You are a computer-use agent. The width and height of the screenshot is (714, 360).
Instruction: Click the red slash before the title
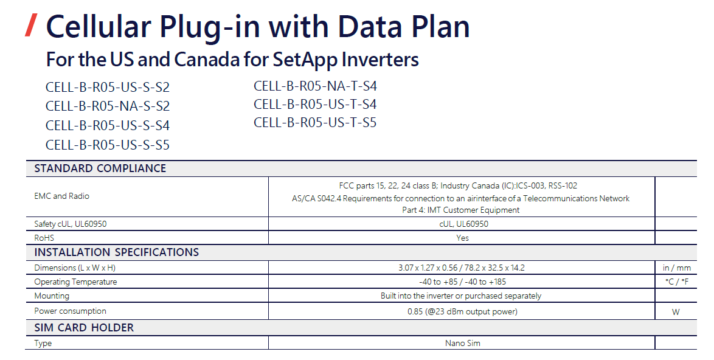[x=32, y=25]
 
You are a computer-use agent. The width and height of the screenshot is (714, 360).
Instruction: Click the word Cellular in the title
[x=99, y=26]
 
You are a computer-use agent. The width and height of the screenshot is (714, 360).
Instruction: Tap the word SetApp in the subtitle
[x=303, y=60]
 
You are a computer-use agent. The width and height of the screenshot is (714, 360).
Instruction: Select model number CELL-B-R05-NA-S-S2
[x=108, y=106]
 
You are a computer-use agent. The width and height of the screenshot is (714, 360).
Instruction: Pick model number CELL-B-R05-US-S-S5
[x=108, y=145]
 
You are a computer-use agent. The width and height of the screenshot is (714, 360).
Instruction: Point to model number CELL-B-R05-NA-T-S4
[x=315, y=86]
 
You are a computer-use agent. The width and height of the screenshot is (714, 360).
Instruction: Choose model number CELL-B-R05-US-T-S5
[x=315, y=122]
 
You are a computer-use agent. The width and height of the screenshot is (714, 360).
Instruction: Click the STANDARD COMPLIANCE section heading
[x=100, y=168]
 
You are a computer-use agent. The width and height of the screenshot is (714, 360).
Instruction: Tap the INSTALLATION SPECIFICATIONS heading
[x=117, y=252]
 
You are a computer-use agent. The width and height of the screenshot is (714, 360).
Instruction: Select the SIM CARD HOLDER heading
[x=84, y=328]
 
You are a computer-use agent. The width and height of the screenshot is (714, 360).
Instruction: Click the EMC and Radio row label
[x=61, y=196]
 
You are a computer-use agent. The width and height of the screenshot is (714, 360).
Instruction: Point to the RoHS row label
[x=44, y=238]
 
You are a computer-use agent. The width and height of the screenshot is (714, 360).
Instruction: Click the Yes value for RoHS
[x=462, y=238]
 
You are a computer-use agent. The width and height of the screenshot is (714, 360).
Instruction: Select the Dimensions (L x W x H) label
[x=75, y=268]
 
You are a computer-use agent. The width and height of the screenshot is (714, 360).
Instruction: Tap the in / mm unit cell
[x=677, y=268]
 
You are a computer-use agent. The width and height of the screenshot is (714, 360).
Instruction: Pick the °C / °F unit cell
[x=677, y=282]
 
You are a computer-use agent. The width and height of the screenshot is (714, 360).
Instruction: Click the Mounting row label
[x=52, y=296]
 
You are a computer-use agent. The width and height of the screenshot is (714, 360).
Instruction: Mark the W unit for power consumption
[x=676, y=312]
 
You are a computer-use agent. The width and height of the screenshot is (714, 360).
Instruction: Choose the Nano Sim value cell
[x=462, y=343]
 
